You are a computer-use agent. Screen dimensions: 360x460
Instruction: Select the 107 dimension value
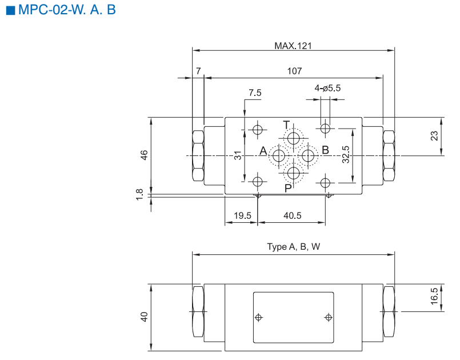[294, 71]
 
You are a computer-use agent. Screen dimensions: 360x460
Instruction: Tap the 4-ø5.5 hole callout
[327, 88]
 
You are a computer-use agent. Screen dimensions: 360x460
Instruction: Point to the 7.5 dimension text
[255, 93]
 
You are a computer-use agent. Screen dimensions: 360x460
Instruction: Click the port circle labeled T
[294, 138]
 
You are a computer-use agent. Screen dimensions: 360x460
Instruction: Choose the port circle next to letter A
[280, 155]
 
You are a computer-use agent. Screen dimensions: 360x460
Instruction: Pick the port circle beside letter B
[309, 155]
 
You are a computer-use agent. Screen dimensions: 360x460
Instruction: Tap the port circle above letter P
[294, 173]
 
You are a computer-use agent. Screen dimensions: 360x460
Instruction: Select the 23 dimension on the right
[434, 136]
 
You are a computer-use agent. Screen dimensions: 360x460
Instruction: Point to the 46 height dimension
[144, 155]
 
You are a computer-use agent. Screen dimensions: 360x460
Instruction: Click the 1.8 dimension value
[141, 195]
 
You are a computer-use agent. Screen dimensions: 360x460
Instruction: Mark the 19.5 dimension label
[242, 215]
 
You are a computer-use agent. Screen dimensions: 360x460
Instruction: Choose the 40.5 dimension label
[292, 215]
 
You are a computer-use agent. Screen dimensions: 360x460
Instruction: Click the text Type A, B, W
[294, 247]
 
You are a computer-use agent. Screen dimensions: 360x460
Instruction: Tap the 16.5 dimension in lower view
[434, 297]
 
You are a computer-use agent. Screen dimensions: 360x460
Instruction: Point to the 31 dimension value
[239, 155]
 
